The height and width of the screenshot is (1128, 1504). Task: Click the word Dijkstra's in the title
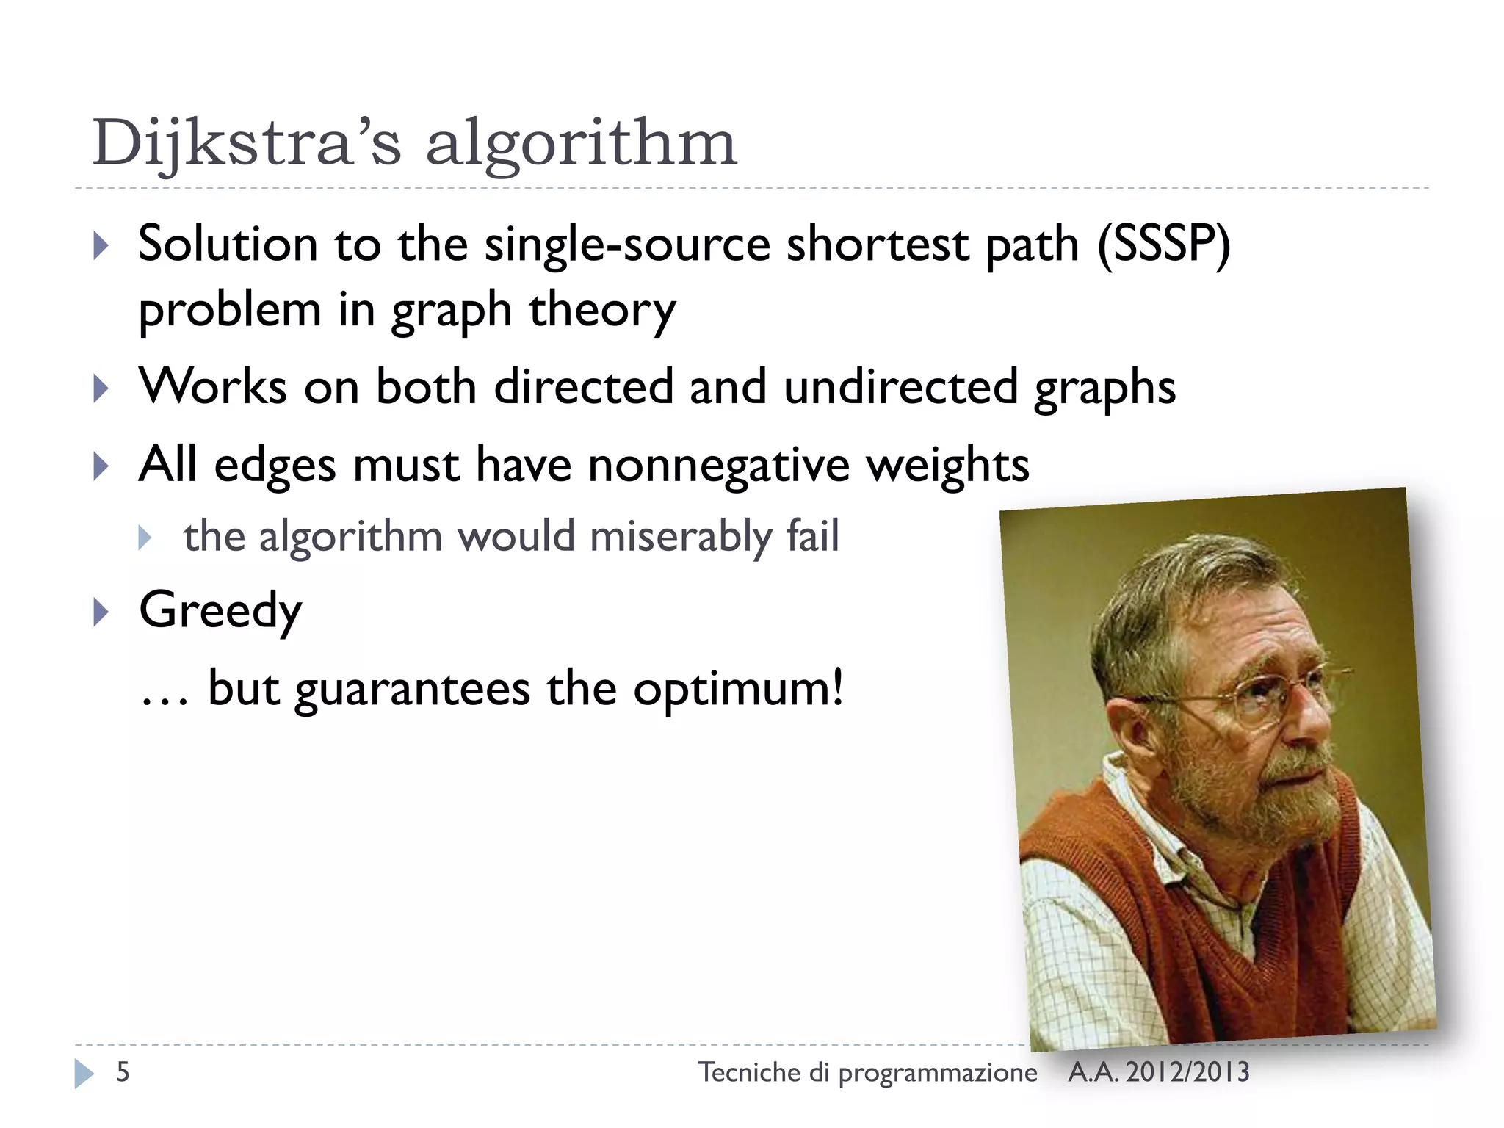pos(246,143)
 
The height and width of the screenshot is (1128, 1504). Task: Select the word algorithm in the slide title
pos(581,143)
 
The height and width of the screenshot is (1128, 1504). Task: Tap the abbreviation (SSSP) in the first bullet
pos(1163,244)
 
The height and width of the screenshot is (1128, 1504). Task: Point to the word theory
pos(602,310)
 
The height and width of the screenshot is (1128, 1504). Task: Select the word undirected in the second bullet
pos(900,387)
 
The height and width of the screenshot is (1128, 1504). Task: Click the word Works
pos(213,387)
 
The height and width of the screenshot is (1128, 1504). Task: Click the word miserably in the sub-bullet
pos(680,536)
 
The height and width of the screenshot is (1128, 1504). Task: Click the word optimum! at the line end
pos(738,689)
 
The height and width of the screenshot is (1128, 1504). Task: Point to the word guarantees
pos(412,689)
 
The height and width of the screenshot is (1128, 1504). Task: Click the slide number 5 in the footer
pos(123,1072)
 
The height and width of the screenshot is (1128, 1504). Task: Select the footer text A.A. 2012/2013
pos(1158,1072)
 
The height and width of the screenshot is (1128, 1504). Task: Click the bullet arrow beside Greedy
pos(101,612)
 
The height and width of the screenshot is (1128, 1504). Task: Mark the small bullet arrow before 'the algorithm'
pos(145,538)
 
